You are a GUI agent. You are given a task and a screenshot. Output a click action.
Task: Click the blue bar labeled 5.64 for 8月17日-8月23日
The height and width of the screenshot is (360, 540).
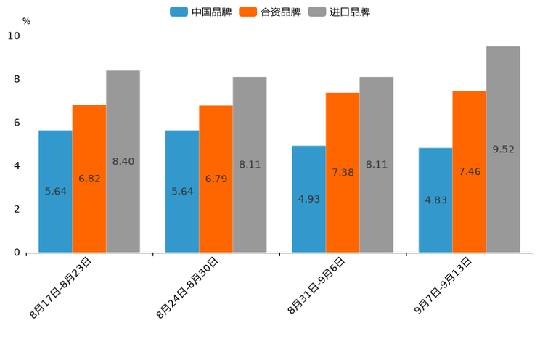pyautogui.click(x=55, y=191)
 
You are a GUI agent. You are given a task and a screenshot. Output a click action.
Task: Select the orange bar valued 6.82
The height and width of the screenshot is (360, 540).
pyautogui.click(x=89, y=179)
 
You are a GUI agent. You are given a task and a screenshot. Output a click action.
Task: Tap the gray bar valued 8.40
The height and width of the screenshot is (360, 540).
pyautogui.click(x=123, y=161)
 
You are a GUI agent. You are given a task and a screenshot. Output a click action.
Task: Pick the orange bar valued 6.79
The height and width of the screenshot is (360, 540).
pyautogui.click(x=216, y=179)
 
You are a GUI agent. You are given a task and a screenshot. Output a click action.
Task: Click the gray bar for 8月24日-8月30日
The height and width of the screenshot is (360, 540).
pyautogui.click(x=250, y=165)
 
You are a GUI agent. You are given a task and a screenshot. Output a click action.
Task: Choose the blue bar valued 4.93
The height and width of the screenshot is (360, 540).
pyautogui.click(x=308, y=199)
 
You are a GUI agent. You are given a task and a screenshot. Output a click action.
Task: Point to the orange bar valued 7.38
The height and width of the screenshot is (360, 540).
pyautogui.click(x=343, y=172)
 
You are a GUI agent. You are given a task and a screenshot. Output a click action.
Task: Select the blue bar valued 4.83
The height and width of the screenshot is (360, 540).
pyautogui.click(x=435, y=200)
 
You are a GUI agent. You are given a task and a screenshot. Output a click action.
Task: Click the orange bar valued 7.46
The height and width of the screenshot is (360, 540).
pyautogui.click(x=469, y=171)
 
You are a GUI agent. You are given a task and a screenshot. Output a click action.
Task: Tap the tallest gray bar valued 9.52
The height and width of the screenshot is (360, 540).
pyautogui.click(x=503, y=149)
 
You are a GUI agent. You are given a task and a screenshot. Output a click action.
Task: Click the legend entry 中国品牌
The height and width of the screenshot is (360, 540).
pyautogui.click(x=201, y=12)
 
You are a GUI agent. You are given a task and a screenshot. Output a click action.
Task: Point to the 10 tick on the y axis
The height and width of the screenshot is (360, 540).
pyautogui.click(x=14, y=36)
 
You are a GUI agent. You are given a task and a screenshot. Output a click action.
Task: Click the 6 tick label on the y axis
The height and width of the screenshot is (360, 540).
pyautogui.click(x=17, y=123)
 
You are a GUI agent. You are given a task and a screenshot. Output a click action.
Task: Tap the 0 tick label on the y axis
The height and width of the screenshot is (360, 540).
pyautogui.click(x=17, y=253)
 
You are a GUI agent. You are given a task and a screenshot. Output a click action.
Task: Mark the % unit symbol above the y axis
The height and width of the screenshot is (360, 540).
pyautogui.click(x=26, y=21)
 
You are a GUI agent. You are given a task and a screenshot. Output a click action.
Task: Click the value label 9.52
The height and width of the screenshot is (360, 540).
pyautogui.click(x=503, y=150)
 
